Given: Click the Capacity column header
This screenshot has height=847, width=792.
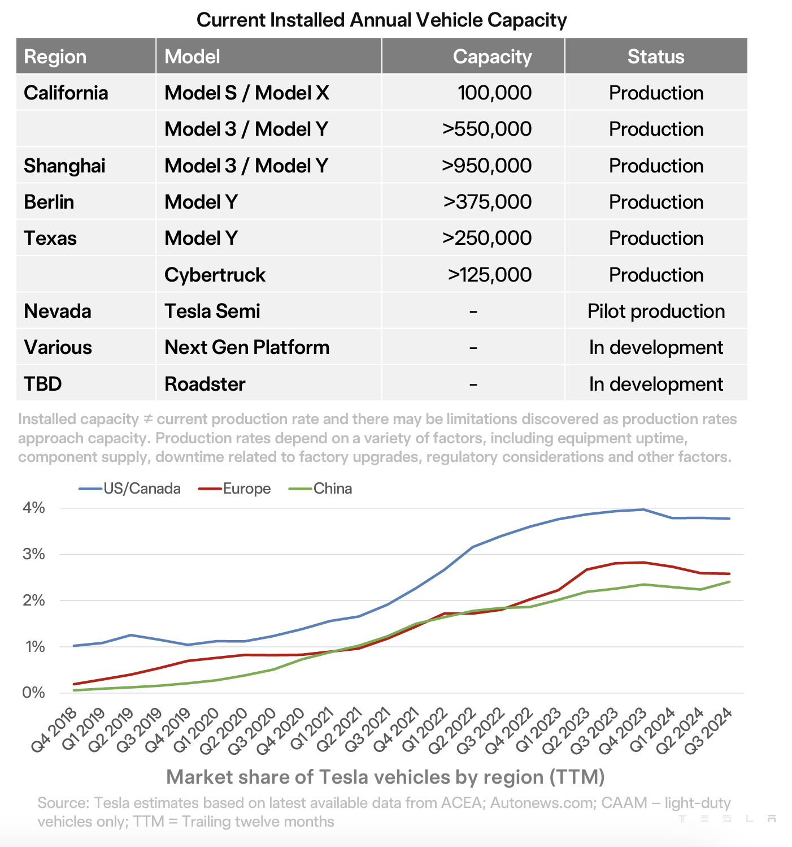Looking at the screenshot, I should tap(492, 57).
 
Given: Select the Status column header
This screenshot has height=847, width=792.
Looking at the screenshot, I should tap(655, 57).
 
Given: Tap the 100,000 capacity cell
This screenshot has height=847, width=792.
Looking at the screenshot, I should tap(494, 93).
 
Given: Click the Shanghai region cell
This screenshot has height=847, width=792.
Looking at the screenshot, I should tap(64, 166).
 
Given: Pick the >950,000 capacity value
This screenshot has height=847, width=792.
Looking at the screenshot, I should tap(486, 166).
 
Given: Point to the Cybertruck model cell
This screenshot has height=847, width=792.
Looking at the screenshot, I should tap(215, 275).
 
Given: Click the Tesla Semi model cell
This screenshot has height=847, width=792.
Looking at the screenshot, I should tap(212, 311).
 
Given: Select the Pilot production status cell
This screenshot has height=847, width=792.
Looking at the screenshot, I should tap(656, 311).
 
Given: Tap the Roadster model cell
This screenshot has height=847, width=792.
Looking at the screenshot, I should tap(204, 384).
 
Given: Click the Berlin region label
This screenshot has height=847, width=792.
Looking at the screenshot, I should tap(49, 202).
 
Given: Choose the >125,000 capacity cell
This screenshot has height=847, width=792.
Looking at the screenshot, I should tap(489, 275).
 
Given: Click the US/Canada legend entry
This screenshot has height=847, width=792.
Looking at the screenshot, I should tap(141, 489).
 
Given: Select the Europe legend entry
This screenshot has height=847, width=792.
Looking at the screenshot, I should tap(246, 489).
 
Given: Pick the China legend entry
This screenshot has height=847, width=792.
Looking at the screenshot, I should tap(332, 489).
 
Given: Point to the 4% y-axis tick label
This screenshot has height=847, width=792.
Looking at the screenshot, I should tap(34, 508).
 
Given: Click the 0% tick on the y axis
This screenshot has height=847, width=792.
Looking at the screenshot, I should tap(34, 693).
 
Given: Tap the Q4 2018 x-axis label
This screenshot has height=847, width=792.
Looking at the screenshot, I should tap(54, 730).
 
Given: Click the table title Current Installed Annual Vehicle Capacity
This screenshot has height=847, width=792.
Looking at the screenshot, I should tap(381, 20).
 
